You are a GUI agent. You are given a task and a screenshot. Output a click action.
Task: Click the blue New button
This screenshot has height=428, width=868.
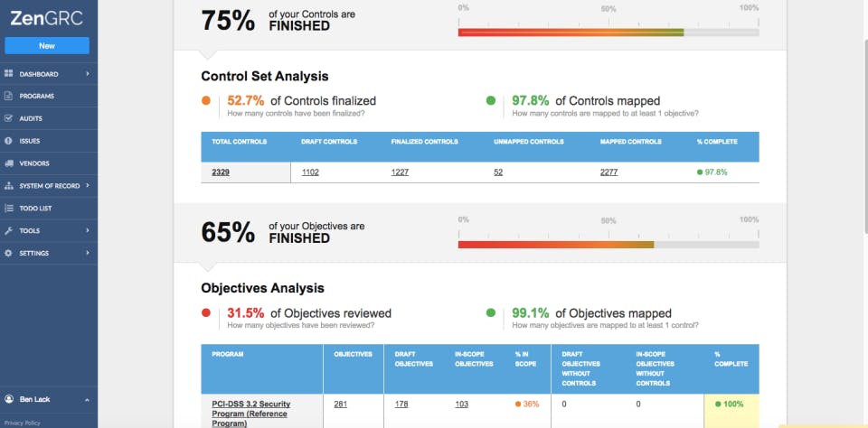(47, 45)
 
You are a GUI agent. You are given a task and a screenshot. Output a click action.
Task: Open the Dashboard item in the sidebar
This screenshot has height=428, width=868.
(39, 73)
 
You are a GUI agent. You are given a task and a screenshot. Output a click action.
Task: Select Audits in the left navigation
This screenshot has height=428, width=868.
(31, 118)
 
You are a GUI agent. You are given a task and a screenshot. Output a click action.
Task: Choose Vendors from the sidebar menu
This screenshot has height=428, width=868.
(33, 163)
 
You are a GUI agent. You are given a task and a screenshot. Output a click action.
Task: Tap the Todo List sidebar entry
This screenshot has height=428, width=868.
(35, 208)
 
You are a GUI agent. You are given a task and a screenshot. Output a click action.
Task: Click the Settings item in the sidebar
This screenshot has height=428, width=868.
(34, 253)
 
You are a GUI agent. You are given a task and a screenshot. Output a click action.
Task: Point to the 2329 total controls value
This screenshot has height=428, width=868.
(221, 172)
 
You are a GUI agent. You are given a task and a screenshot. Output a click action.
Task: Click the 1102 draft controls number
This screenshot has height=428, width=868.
(310, 172)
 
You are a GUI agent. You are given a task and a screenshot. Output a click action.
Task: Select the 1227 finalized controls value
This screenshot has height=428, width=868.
(401, 172)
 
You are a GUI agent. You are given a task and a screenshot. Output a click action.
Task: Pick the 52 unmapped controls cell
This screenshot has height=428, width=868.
(498, 172)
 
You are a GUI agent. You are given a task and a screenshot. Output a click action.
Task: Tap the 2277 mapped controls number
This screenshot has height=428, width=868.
(609, 172)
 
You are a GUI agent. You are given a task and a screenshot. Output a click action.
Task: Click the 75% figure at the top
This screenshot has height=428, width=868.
(228, 21)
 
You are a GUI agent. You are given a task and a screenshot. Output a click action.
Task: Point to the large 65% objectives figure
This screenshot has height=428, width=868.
(228, 232)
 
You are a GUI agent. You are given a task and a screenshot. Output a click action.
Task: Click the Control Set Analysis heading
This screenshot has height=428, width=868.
(264, 77)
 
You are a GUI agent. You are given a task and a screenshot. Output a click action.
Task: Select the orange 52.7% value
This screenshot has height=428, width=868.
(247, 101)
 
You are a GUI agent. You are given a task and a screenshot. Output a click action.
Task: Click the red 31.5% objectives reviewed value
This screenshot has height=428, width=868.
(247, 313)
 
